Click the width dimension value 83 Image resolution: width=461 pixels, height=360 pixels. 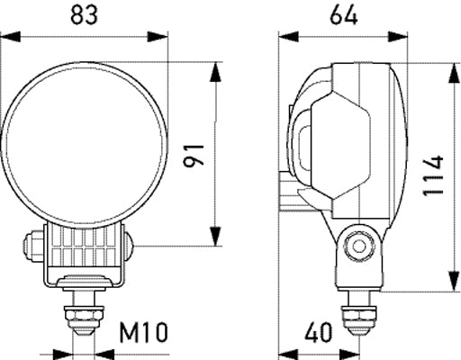[x=86, y=14]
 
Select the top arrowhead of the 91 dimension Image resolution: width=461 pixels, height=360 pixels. [x=215, y=68]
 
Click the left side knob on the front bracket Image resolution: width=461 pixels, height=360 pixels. [x=31, y=243]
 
